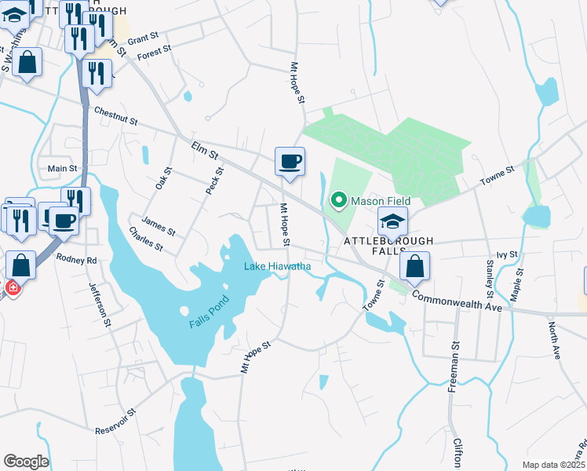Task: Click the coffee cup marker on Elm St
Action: tap(290, 162)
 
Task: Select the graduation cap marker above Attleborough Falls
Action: tap(392, 222)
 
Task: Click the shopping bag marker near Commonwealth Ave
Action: tap(414, 266)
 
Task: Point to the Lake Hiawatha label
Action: tap(277, 266)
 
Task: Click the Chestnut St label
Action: tap(115, 117)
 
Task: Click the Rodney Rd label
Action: tap(76, 260)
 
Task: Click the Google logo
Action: tap(26, 462)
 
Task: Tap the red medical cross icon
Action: tap(12, 288)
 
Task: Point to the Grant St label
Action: tap(143, 38)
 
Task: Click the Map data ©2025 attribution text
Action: tap(552, 465)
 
